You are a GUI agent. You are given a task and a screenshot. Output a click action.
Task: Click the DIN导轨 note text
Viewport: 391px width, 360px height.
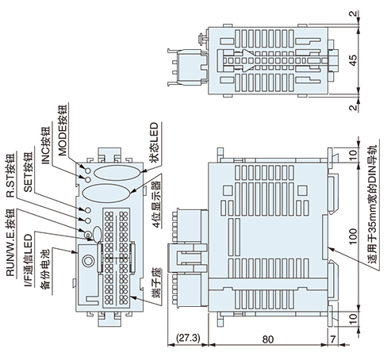[x=370, y=206]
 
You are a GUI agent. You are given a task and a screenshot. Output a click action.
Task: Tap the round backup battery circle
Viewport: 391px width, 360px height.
[x=86, y=259]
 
